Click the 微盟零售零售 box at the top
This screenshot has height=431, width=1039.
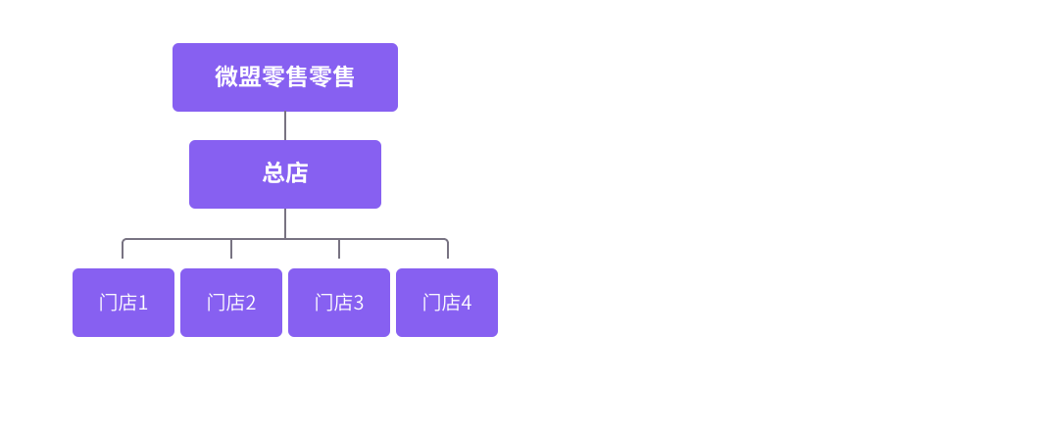coord(285,77)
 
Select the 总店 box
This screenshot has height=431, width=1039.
coord(285,174)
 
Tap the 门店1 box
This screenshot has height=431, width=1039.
coord(124,303)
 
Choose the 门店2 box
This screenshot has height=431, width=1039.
coord(231,303)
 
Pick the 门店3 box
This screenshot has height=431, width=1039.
coord(339,303)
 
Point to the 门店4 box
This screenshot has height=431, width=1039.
coord(447,303)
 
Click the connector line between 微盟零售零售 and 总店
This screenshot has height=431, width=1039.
coord(285,125)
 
